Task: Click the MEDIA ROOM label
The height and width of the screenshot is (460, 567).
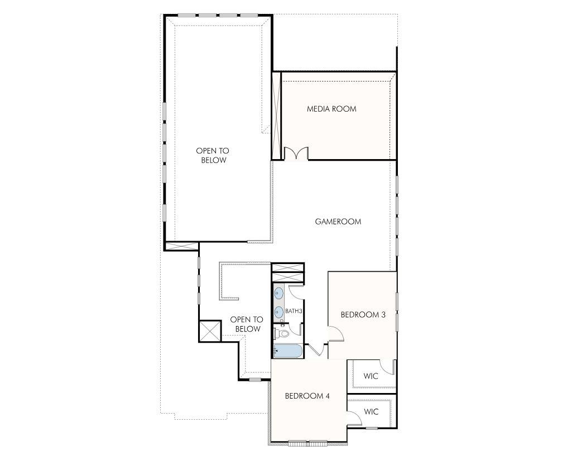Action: [x=331, y=109]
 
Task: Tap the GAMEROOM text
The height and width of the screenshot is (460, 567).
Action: [x=338, y=222]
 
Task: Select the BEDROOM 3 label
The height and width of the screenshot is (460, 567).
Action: [x=363, y=314]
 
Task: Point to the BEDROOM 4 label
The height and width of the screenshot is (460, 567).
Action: [x=307, y=396]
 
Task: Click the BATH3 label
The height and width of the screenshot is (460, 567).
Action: [x=294, y=311]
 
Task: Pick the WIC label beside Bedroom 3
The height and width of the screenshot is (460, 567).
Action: [x=371, y=376]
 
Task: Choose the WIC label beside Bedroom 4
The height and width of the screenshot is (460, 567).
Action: [x=371, y=412]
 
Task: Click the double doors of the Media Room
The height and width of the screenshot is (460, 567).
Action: [x=296, y=154]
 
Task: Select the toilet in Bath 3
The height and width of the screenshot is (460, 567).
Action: [x=282, y=334]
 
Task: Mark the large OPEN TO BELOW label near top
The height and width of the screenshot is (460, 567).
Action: [x=212, y=155]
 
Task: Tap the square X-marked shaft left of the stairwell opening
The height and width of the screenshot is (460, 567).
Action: [x=210, y=330]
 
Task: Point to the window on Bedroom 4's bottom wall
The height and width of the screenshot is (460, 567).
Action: [x=307, y=443]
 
